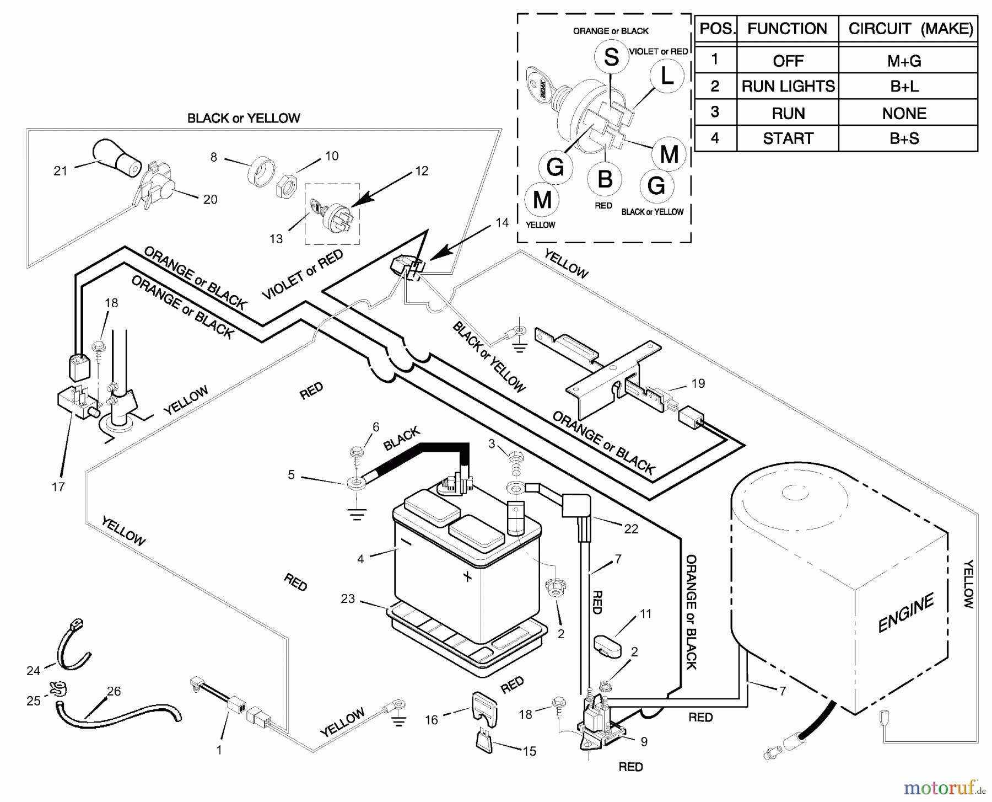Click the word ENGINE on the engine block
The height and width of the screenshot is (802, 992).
click(905, 612)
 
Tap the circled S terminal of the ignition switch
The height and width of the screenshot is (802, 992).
click(611, 57)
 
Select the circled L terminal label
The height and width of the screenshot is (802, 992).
click(667, 76)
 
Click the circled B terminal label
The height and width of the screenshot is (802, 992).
click(605, 179)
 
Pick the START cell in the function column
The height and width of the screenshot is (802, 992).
click(788, 138)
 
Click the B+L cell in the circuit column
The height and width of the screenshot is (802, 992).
click(904, 87)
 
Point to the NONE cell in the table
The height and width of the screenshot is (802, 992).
click(904, 113)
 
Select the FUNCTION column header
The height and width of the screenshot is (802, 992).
click(787, 29)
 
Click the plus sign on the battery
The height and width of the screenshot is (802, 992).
click(467, 577)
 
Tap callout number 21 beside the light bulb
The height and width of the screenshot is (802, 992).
click(60, 171)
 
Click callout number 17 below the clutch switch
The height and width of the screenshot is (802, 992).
click(58, 486)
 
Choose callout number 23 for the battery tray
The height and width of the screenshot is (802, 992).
click(348, 599)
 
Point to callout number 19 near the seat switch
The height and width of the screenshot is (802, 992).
click(698, 383)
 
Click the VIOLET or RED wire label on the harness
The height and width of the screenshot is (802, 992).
click(302, 275)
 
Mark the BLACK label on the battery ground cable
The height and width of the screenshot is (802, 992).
click(401, 440)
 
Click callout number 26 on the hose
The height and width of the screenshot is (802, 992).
click(114, 691)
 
